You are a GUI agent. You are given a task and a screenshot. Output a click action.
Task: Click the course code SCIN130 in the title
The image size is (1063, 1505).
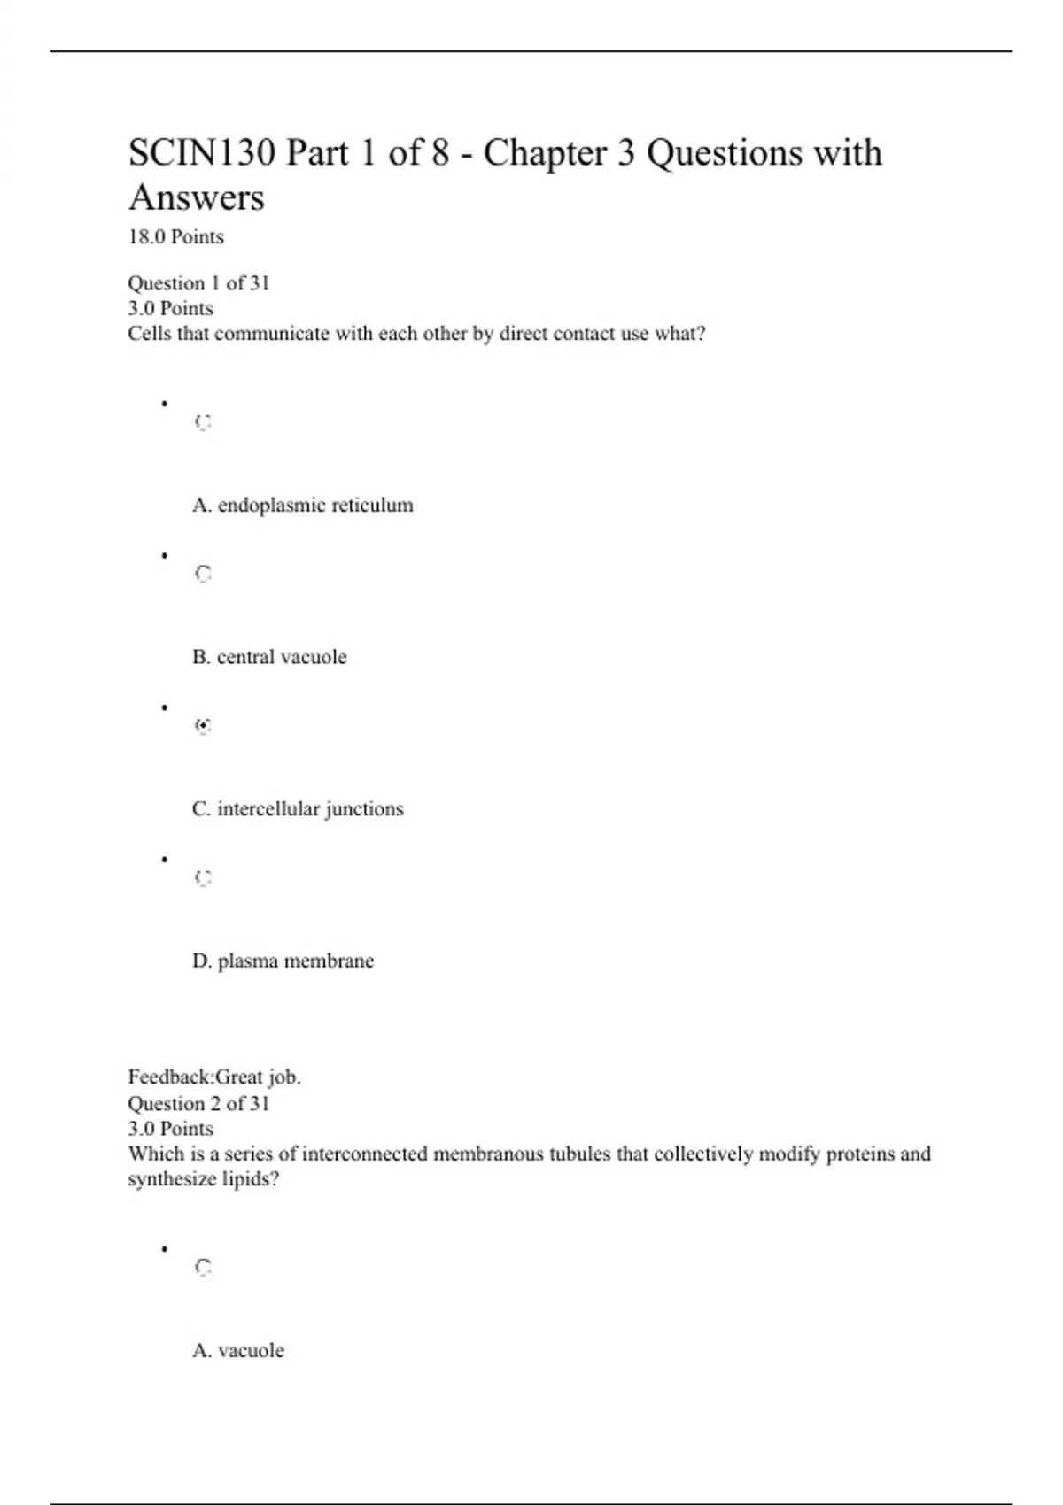[202, 153]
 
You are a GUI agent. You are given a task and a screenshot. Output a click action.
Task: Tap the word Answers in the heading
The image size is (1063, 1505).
[197, 197]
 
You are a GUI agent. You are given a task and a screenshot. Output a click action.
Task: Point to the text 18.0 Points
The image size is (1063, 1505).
[175, 237]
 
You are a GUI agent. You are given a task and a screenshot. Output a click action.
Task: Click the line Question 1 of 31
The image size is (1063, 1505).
[198, 283]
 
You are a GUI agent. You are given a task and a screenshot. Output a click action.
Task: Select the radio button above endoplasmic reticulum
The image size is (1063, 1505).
[203, 422]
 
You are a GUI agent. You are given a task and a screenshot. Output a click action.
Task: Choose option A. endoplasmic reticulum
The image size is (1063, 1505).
[302, 506]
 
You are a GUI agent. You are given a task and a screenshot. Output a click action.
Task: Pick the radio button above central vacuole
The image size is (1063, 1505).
[203, 575]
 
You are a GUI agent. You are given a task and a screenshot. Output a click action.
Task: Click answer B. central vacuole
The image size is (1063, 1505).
[269, 657]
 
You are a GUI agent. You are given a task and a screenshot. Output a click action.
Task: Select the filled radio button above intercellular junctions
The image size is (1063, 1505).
[203, 726]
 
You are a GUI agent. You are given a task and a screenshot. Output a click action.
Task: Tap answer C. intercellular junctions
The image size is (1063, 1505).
[298, 809]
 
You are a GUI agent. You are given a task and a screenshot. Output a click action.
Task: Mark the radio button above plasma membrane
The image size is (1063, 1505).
[203, 878]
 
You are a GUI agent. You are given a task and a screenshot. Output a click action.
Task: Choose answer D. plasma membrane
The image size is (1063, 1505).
[283, 961]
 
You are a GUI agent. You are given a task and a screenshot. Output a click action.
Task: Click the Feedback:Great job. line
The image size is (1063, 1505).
[214, 1077]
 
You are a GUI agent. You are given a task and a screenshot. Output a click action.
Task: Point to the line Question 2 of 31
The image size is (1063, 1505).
[198, 1104]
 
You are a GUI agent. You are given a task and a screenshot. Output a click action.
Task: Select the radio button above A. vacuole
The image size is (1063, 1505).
[203, 1268]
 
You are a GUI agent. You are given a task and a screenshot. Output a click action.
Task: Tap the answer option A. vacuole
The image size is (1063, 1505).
[238, 1351]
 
